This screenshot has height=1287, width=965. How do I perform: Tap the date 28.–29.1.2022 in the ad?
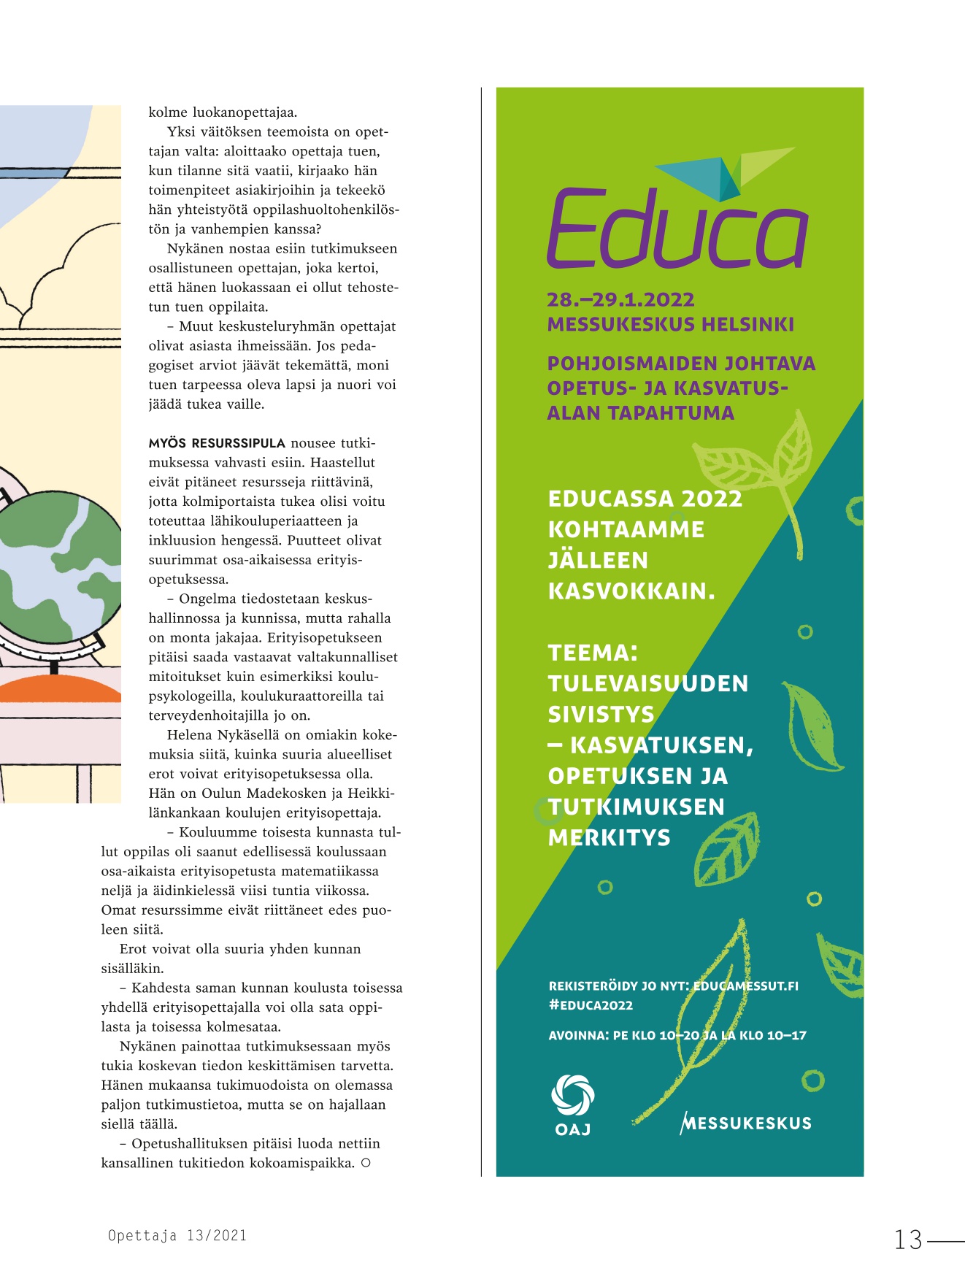click(620, 300)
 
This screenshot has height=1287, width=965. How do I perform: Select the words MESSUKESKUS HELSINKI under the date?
click(670, 324)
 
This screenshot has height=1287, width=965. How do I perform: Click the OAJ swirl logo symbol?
click(572, 1095)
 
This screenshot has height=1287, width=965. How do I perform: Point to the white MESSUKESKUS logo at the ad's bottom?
click(745, 1123)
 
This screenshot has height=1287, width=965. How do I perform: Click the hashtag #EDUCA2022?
click(591, 1005)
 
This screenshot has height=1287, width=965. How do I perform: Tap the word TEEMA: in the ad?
click(593, 653)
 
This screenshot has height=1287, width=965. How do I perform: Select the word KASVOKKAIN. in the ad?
click(631, 591)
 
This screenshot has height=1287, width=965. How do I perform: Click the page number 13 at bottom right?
click(909, 1240)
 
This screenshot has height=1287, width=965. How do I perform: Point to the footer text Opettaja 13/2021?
click(177, 1235)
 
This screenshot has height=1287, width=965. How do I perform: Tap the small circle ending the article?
click(366, 1162)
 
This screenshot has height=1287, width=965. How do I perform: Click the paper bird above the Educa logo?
click(723, 172)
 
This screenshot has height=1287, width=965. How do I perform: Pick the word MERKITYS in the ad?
click(609, 837)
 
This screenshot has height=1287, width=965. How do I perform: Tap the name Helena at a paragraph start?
click(189, 735)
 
